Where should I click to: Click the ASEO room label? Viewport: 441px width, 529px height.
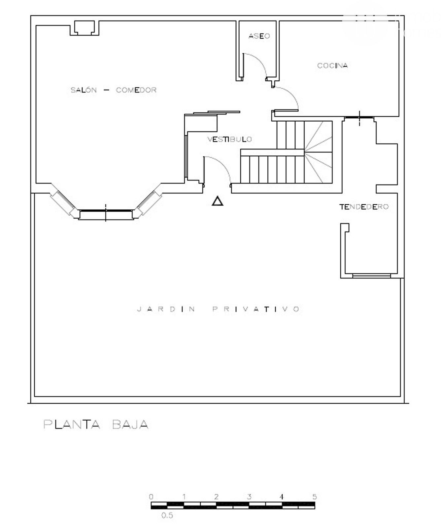[x=259, y=36]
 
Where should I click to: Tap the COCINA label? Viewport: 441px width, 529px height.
[x=332, y=65]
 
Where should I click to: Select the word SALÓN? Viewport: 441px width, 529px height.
[x=84, y=90]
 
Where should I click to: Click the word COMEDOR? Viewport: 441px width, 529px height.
[x=136, y=90]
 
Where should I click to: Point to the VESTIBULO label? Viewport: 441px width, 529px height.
[x=230, y=139]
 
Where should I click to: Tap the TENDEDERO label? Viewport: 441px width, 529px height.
[x=364, y=207]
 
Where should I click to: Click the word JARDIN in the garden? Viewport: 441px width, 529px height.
[x=166, y=309]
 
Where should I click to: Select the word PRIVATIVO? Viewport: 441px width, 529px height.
[x=256, y=309]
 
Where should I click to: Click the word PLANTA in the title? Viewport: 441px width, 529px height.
[x=72, y=424]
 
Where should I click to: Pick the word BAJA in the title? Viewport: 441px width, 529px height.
[x=130, y=424]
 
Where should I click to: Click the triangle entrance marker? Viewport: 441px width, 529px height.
[x=217, y=201]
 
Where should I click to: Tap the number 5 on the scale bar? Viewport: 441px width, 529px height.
[x=315, y=496]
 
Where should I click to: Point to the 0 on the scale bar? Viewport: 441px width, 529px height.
[x=151, y=496]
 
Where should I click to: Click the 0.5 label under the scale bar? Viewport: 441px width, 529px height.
[x=167, y=515]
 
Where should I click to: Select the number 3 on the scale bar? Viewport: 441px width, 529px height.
[x=249, y=496]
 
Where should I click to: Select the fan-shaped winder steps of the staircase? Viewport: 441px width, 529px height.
[x=318, y=152]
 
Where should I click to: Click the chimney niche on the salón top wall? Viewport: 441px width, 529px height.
[x=85, y=28]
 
